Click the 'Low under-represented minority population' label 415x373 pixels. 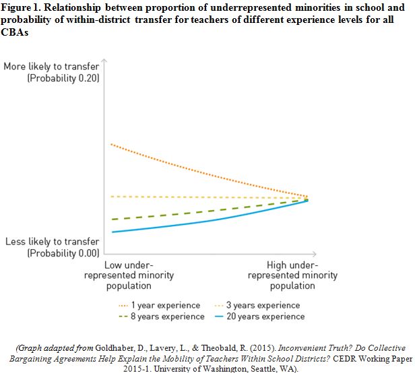(129, 275)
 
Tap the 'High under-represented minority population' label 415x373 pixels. (292, 275)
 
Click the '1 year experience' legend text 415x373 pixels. (166, 305)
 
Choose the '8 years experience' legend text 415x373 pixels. (168, 316)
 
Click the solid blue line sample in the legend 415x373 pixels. (220, 316)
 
